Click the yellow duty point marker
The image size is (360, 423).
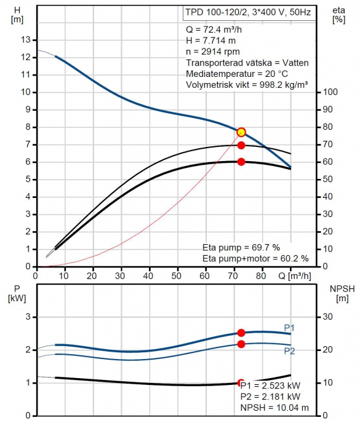click(241, 132)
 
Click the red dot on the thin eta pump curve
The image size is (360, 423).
click(241, 145)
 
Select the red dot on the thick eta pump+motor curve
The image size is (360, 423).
click(241, 162)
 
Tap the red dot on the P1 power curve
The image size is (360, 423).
click(241, 333)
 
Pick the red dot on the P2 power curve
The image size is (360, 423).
click(241, 344)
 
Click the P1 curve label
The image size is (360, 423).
click(289, 328)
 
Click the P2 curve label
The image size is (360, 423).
click(289, 351)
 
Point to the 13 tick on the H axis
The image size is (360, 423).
click(26, 40)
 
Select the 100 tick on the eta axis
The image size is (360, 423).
click(330, 92)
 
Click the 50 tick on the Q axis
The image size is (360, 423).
click(176, 275)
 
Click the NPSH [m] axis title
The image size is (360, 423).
click(342, 293)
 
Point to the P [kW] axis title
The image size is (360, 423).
click(17, 293)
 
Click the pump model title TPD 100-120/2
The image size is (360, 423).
click(216, 12)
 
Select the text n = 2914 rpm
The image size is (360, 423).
click(213, 52)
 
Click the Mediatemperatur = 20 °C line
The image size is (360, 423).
click(237, 74)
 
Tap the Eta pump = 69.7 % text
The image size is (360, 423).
click(241, 247)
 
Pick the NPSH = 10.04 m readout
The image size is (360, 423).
click(274, 408)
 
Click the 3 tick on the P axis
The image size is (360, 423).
click(28, 317)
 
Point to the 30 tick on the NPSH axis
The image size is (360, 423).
click(327, 317)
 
